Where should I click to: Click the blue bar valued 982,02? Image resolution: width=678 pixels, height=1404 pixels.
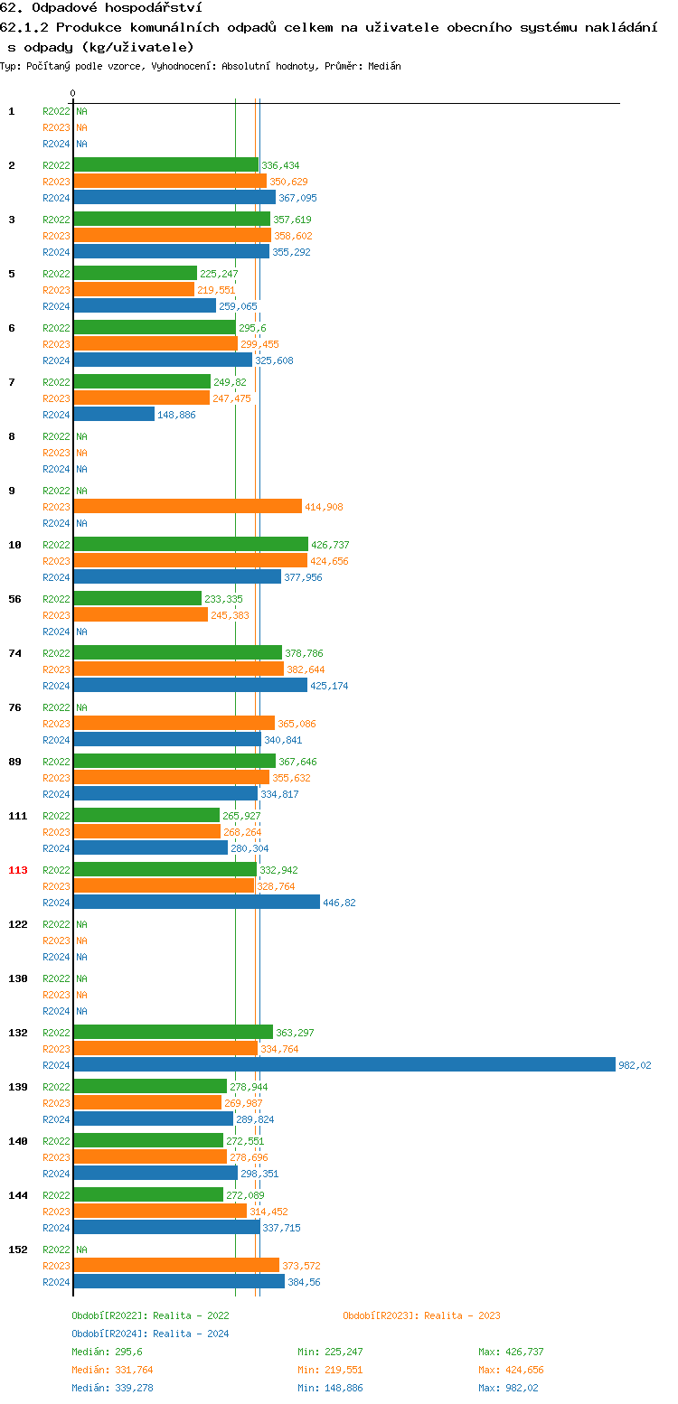click(x=344, y=1064)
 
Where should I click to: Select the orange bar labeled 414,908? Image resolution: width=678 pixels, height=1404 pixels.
click(x=187, y=506)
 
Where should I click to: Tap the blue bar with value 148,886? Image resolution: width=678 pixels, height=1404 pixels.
click(x=114, y=414)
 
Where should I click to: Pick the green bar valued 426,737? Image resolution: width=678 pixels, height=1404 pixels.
click(x=190, y=544)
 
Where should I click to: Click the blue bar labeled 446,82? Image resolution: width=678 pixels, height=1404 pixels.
click(x=196, y=902)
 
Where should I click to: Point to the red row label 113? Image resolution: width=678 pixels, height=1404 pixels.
click(x=18, y=870)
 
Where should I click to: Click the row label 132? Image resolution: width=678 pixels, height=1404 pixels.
click(x=18, y=1033)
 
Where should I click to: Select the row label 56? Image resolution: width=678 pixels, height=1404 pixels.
click(x=15, y=599)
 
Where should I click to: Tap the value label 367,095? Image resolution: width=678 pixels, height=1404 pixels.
click(x=297, y=198)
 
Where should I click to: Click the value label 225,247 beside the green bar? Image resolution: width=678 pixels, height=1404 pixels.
click(x=219, y=274)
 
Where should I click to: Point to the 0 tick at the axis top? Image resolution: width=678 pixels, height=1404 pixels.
click(x=72, y=93)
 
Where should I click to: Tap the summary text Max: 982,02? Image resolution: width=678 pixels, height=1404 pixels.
click(x=511, y=1388)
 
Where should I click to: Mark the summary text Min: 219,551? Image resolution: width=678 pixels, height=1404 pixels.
click(x=330, y=1370)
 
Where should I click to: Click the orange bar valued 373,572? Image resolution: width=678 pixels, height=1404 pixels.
click(x=176, y=1265)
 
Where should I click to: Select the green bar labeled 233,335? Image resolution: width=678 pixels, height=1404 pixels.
click(x=137, y=598)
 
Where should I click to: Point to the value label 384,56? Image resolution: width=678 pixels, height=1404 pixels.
click(x=304, y=1282)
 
